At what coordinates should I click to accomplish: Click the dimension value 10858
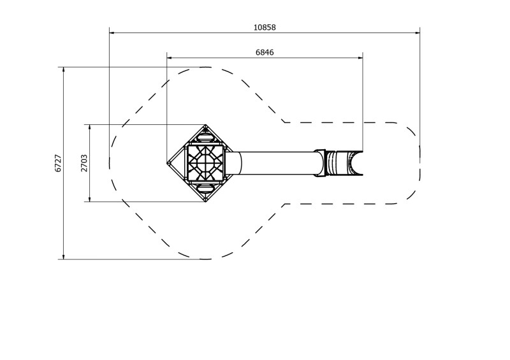point(265,27)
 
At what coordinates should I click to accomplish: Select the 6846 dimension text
point(265,53)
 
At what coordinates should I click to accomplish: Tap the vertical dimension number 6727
point(58,163)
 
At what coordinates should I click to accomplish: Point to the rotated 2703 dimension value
point(84,163)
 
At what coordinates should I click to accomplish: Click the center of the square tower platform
point(205,163)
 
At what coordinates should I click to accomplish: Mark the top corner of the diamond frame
point(205,125)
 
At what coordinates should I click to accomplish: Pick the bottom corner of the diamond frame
point(205,202)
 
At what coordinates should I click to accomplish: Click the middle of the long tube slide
point(277,163)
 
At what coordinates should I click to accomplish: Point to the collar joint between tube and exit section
point(321,163)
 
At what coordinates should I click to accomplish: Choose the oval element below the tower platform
point(205,189)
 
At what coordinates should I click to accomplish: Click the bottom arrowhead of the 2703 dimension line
point(90,200)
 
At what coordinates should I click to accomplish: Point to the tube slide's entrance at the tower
point(233,163)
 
